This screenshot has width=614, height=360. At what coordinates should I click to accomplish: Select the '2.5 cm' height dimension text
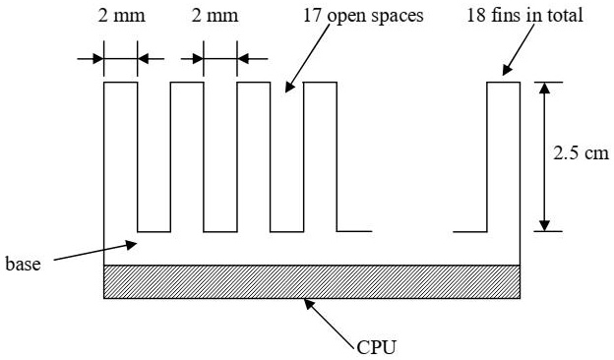tap(582, 154)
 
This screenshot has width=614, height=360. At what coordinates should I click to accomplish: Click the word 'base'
tap(23, 264)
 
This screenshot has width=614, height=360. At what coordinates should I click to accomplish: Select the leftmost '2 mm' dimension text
tap(120, 16)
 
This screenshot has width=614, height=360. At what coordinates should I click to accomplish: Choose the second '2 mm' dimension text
tap(221, 16)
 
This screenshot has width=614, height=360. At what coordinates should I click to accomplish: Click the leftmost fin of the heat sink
tap(120, 157)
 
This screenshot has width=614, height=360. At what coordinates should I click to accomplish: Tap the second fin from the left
tap(187, 157)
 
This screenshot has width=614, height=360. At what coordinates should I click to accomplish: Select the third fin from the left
tap(253, 157)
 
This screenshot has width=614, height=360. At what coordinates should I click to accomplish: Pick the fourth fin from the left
tap(320, 157)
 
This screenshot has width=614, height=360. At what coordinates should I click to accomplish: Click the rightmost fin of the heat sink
tap(504, 157)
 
